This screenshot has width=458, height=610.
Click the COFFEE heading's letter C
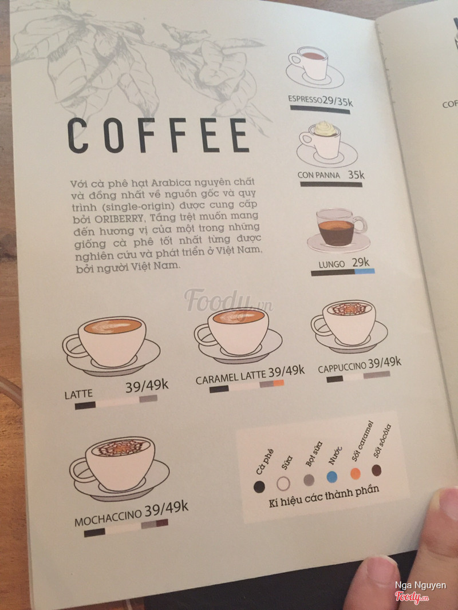tap(78, 136)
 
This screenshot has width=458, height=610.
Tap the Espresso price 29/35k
tap(338, 101)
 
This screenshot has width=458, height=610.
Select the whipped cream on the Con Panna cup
tap(325, 128)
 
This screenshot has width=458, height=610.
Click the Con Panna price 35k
tap(356, 175)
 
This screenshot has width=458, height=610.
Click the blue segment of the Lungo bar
tap(365, 271)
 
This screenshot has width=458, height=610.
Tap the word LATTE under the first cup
tap(78, 395)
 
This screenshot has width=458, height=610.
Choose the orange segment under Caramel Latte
tap(279, 383)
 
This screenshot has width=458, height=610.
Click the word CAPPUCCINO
tap(342, 367)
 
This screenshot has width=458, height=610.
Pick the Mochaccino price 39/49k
tap(166, 509)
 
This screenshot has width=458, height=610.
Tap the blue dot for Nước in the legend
tap(332, 477)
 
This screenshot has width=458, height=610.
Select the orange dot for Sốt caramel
tap(356, 473)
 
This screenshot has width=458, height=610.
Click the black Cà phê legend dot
tap(259, 486)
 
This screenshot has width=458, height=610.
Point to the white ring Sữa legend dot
tap(283, 484)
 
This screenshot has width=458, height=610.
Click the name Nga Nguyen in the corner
tap(421, 585)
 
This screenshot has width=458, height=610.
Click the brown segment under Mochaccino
tap(162, 523)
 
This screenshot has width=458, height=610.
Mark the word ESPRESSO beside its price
tap(305, 99)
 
